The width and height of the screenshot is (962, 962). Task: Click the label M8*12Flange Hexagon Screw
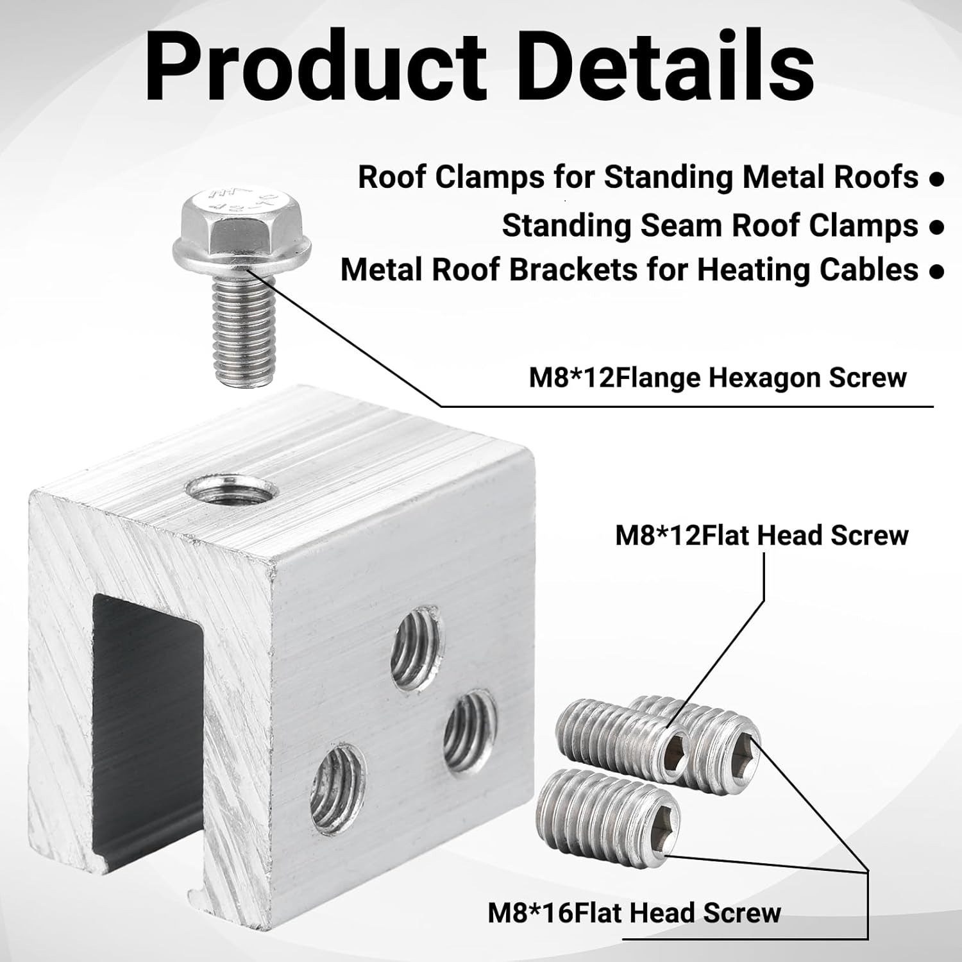(718, 378)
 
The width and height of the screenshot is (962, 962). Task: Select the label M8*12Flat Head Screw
(762, 535)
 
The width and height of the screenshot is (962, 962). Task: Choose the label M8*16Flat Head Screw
(634, 913)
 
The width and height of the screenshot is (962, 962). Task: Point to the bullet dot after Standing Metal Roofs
(936, 180)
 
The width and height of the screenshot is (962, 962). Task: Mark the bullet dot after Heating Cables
(936, 271)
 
